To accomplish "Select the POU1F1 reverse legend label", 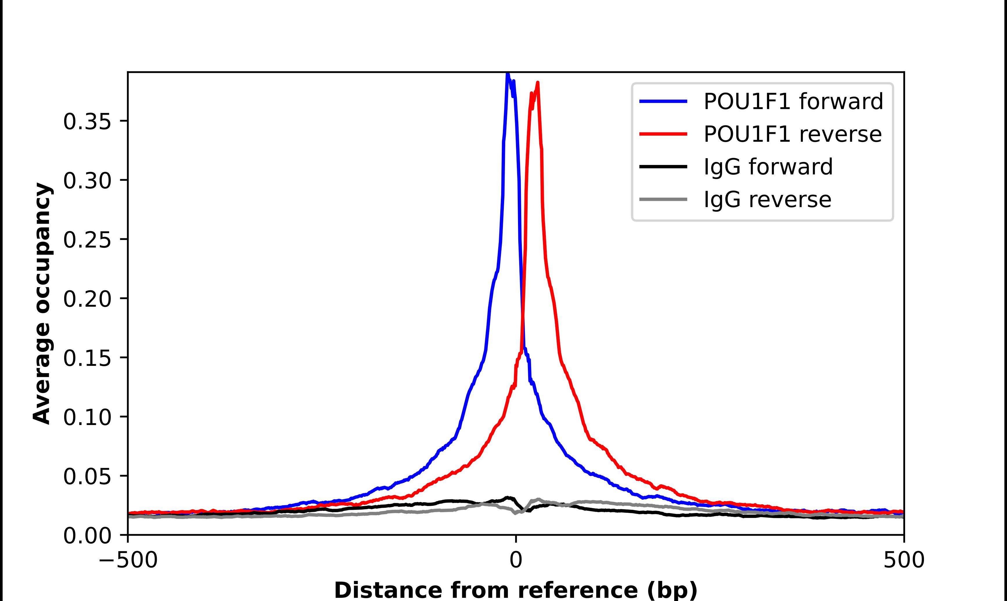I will click(792, 134).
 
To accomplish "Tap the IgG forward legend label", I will click(768, 167).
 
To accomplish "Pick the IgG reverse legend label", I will click(767, 199).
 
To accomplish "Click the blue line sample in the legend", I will click(663, 101).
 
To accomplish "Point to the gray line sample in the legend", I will click(663, 199).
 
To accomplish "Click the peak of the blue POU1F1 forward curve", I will click(507, 74).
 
